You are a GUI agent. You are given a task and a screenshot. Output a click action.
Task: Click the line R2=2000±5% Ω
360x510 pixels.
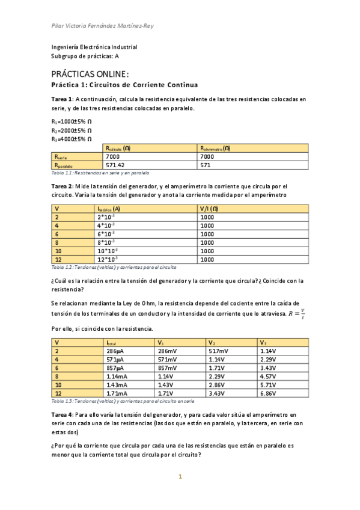click(x=72, y=130)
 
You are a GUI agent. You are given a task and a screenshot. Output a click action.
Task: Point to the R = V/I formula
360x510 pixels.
click(x=297, y=313)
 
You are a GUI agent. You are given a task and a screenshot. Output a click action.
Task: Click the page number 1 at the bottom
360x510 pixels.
click(x=179, y=477)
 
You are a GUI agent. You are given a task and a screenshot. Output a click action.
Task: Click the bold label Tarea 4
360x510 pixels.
click(x=63, y=415)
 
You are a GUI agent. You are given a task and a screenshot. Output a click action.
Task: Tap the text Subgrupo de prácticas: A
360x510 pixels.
click(x=85, y=56)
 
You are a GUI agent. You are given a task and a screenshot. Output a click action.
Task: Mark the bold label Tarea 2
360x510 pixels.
click(x=63, y=186)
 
